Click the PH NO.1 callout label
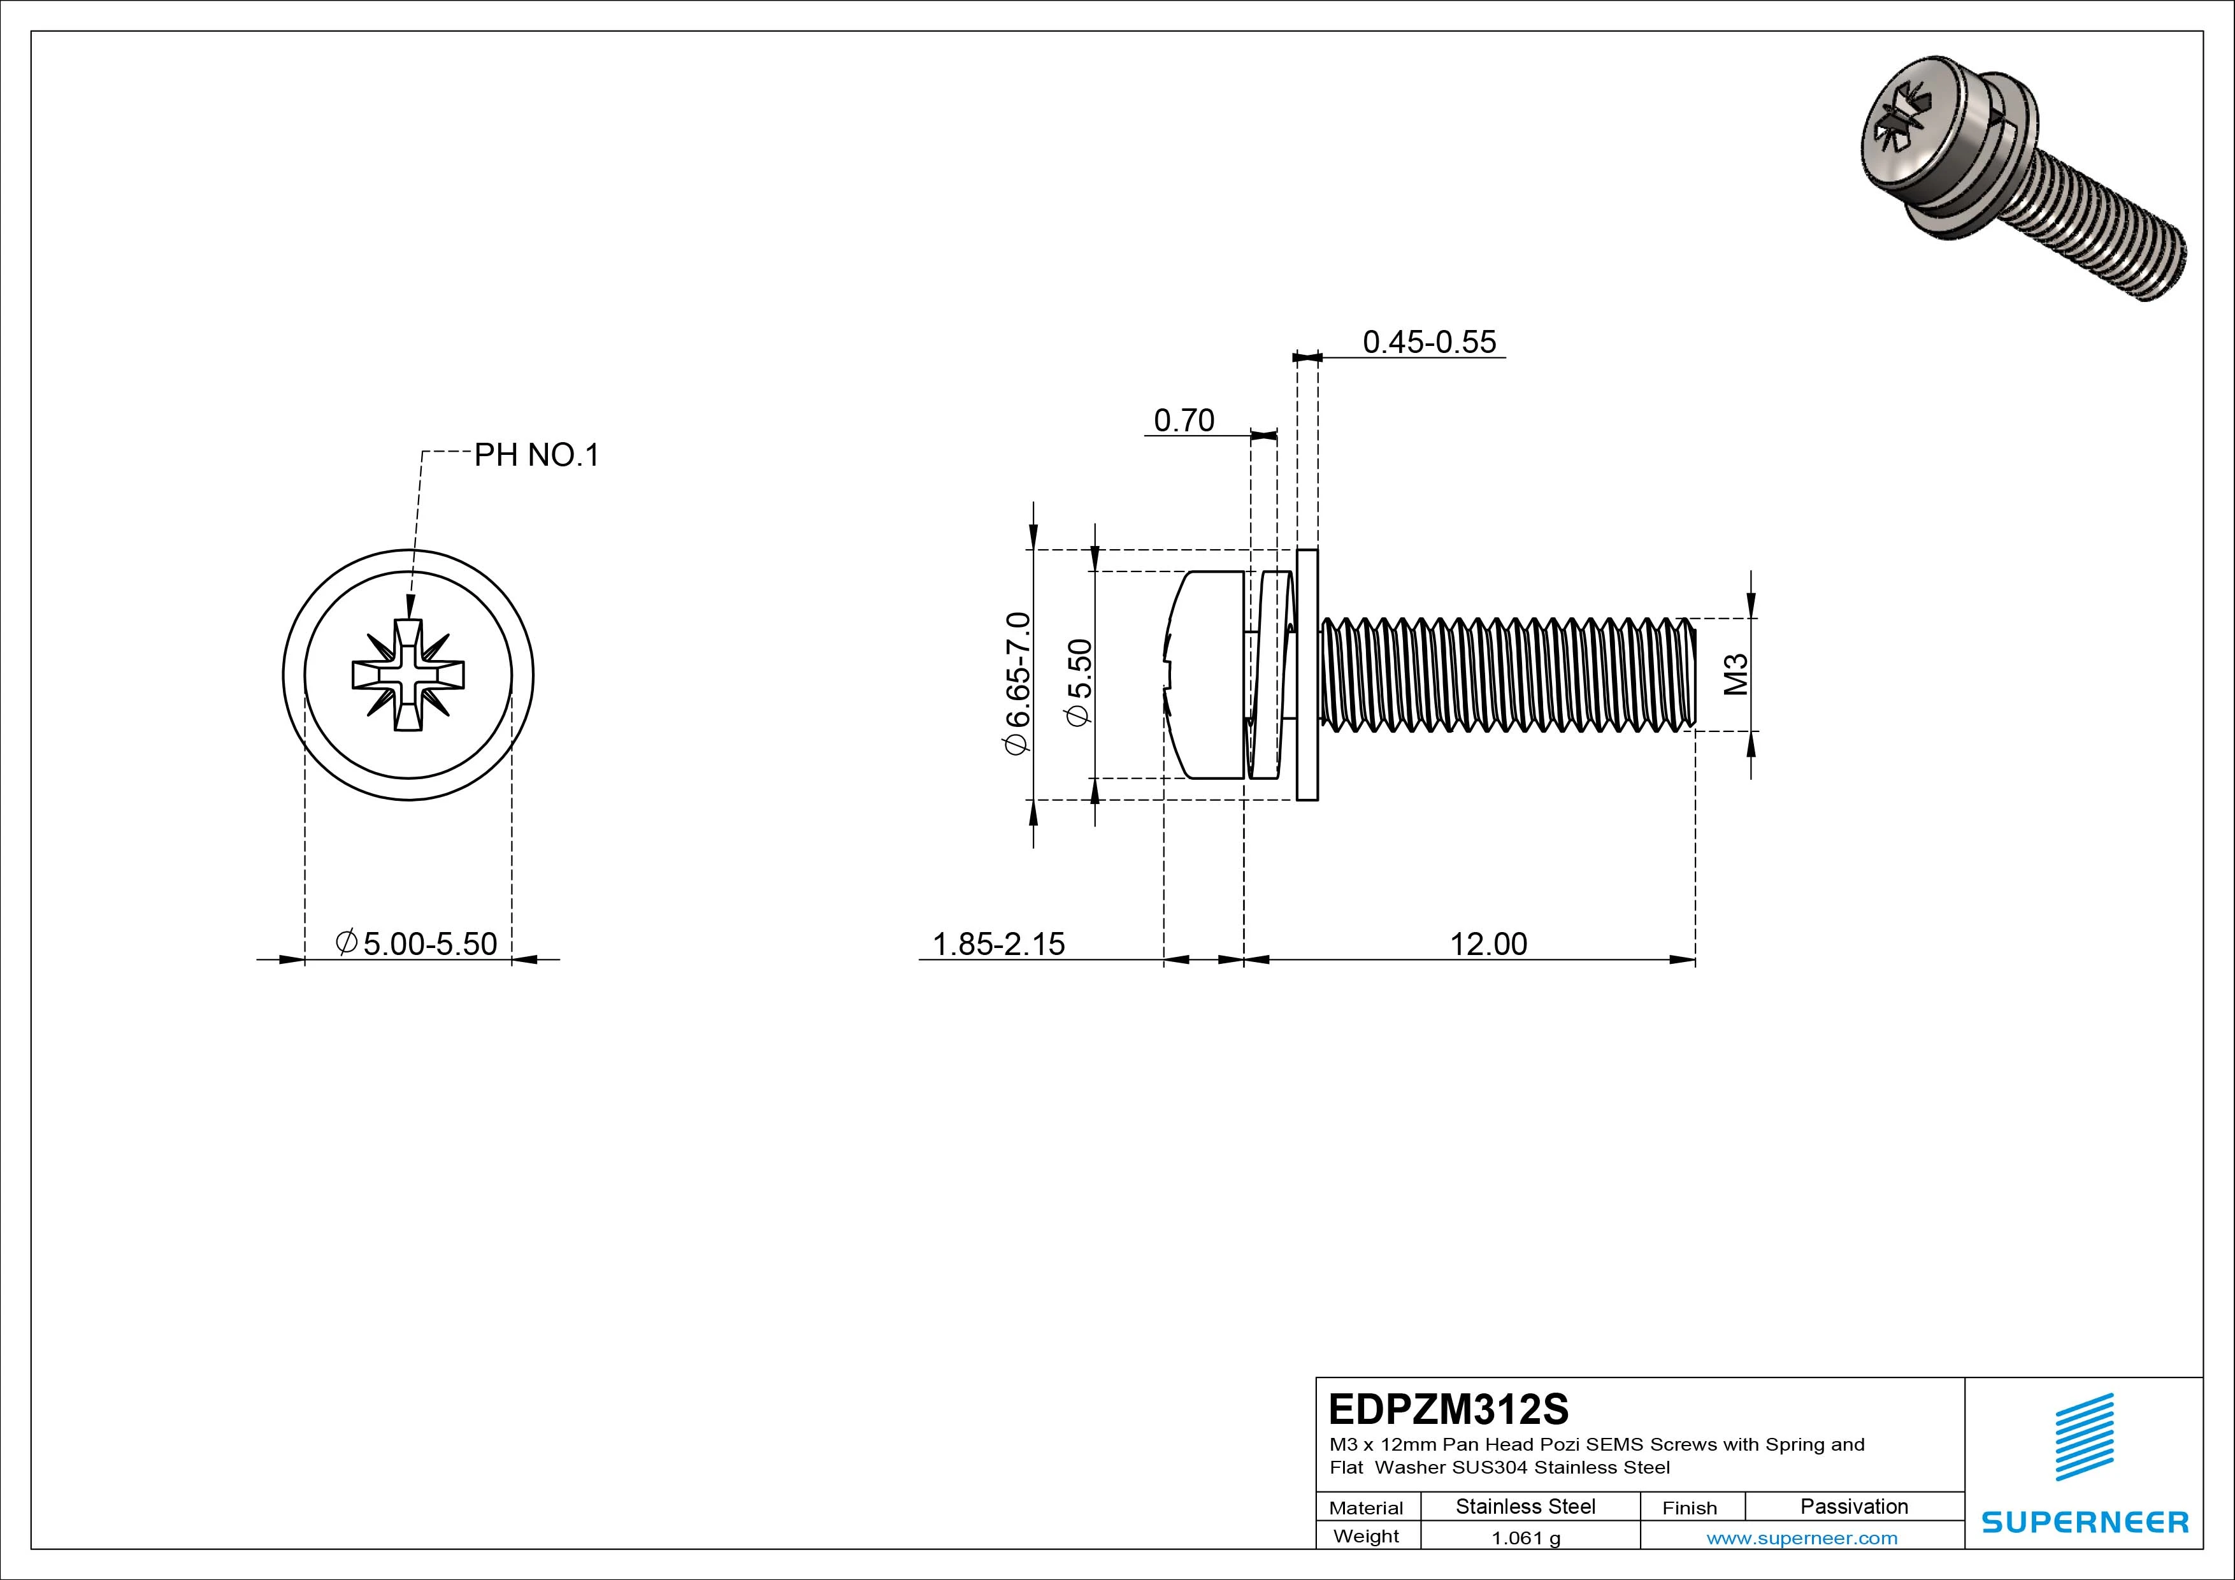pos(536,455)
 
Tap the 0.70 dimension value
pos(1184,420)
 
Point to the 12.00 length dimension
pos(1488,944)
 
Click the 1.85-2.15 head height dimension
pos(999,944)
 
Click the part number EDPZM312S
pos(1448,1408)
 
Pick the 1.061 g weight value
pos(1525,1538)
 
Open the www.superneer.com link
pos(1802,1538)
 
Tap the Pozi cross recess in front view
pos(408,673)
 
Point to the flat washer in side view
pos(1307,675)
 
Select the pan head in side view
pos(1207,675)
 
